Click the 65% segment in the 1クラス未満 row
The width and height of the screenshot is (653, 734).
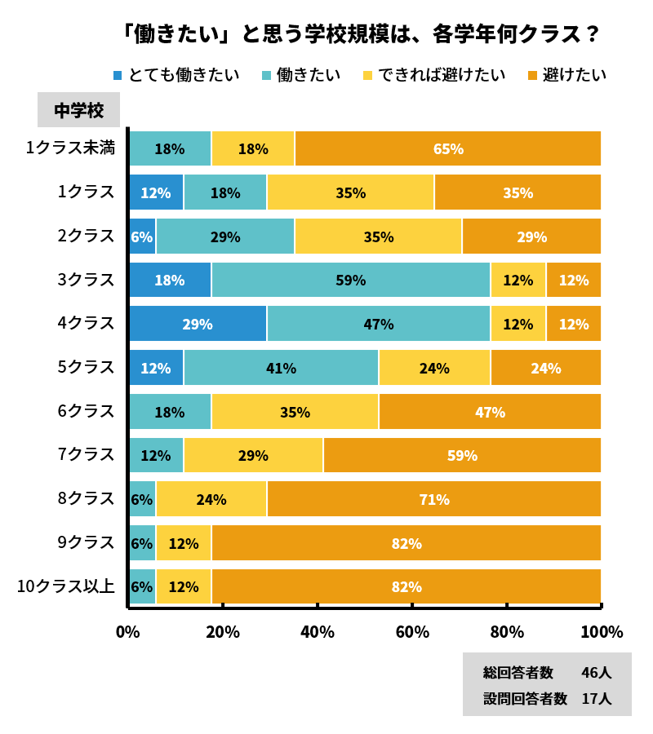click(448, 148)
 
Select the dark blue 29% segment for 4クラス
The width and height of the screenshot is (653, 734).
click(198, 324)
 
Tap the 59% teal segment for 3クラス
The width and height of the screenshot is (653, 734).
click(350, 280)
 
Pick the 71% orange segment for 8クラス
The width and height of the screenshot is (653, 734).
click(434, 499)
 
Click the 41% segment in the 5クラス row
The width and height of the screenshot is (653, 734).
click(281, 368)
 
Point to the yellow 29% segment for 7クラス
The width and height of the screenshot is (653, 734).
click(253, 455)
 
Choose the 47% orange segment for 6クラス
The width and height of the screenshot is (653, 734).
click(490, 412)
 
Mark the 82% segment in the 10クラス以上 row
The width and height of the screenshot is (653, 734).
click(406, 586)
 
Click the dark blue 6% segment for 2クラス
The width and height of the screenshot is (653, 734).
click(142, 237)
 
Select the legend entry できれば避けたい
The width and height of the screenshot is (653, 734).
click(434, 75)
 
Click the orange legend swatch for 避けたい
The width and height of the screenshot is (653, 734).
click(532, 76)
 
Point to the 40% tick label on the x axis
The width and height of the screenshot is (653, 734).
click(318, 632)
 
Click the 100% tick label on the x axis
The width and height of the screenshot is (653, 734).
click(602, 632)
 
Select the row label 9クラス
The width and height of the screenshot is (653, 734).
click(86, 542)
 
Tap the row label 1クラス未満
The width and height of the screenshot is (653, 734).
click(70, 148)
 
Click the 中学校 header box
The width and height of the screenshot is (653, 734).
click(78, 110)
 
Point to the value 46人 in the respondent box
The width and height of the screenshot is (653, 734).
click(596, 673)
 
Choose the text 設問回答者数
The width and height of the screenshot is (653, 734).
click(525, 698)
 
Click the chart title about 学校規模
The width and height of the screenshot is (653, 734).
click(360, 34)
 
